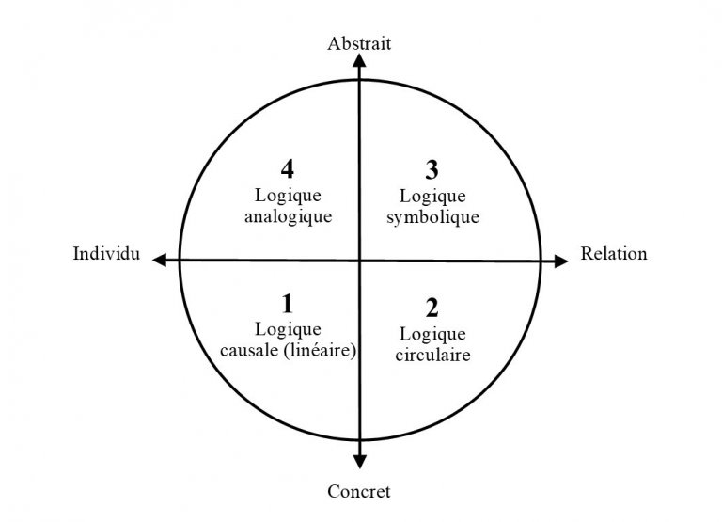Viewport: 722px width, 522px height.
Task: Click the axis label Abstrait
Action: pos(358,44)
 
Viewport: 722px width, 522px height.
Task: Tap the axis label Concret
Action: pos(358,490)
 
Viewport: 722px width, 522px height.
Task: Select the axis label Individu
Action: pos(106,254)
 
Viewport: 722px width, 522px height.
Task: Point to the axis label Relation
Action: pos(614,254)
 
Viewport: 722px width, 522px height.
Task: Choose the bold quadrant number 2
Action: pos(432,308)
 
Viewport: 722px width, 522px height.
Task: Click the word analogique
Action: pos(289,215)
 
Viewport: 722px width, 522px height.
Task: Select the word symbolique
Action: pos(432,216)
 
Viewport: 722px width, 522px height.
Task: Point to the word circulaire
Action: pos(432,356)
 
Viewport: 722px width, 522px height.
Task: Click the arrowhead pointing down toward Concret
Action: pos(358,460)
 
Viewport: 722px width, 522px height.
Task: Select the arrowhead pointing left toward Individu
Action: pos(161,260)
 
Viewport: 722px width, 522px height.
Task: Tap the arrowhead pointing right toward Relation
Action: pos(560,260)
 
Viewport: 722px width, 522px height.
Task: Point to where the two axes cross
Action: pos(358,260)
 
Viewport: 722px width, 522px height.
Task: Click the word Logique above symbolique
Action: pos(432,196)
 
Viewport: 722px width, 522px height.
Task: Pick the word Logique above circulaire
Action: pos(432,334)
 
